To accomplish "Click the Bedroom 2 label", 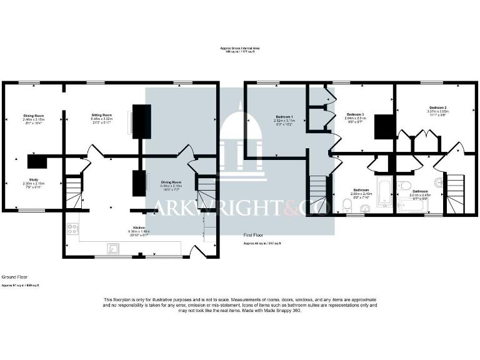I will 437,107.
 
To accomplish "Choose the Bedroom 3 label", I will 355,114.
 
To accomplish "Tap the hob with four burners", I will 72,229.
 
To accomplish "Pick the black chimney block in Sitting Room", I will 141,120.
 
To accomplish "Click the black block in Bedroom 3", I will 382,127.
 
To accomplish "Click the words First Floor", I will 253,236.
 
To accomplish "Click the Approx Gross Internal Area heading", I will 240,48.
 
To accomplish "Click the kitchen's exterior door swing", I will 199,251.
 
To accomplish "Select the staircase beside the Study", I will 74,191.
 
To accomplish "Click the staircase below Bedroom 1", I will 318,194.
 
